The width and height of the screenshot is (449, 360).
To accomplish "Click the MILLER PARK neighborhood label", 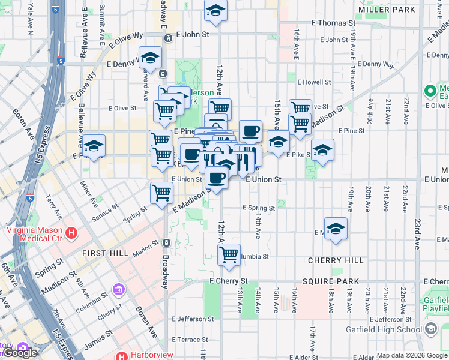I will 386,10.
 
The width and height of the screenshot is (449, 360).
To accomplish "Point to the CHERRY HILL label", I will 336,260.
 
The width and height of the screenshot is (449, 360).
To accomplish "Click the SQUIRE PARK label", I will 331,281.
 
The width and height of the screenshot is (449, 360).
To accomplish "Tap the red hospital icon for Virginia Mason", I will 72,233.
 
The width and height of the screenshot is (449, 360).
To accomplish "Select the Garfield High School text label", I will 384,329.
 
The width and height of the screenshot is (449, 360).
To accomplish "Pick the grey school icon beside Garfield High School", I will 431,329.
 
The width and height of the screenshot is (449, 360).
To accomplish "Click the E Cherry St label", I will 228,281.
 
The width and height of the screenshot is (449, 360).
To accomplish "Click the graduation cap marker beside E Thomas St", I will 215,10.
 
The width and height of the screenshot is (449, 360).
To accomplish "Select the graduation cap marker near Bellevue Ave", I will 94,146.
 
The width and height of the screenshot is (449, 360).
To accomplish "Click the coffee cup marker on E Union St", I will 216,178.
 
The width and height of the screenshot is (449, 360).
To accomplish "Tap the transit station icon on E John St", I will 169,37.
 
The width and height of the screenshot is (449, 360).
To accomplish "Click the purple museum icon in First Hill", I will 119,292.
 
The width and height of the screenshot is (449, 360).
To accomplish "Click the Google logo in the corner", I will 20,353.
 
